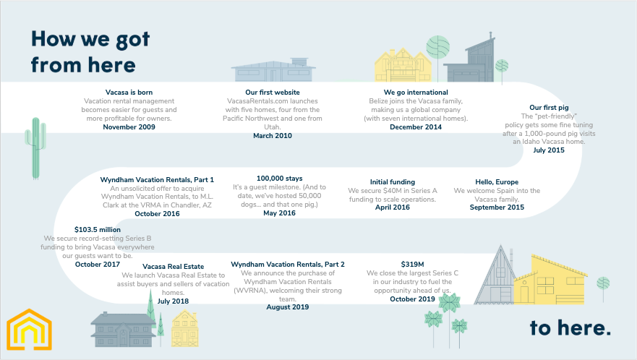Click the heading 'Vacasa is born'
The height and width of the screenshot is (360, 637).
tap(129, 93)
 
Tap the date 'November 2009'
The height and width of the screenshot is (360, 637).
tap(129, 127)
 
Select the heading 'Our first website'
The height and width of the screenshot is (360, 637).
tap(272, 93)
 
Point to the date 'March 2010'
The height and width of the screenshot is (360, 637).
tap(272, 136)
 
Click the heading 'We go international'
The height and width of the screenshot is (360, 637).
tap(416, 93)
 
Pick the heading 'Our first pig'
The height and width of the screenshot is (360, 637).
tap(549, 107)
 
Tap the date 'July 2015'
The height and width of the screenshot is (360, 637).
tap(549, 150)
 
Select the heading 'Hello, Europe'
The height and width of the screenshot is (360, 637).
tap(497, 182)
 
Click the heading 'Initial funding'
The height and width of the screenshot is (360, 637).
tap(393, 182)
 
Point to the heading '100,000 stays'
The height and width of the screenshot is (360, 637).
tap(280, 179)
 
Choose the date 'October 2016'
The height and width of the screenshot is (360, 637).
tap(157, 214)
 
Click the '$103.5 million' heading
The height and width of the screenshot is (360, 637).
tap(98, 230)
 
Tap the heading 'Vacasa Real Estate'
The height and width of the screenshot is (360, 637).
tap(173, 267)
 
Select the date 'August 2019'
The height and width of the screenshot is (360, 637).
tap(288, 307)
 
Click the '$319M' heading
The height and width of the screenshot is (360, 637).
tap(412, 264)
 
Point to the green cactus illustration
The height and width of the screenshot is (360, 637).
tap(35, 148)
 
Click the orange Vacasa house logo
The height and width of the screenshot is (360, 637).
tap(29, 330)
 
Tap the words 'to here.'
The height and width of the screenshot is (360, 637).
tap(570, 328)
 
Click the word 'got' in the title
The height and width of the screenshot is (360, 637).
tap(132, 40)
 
